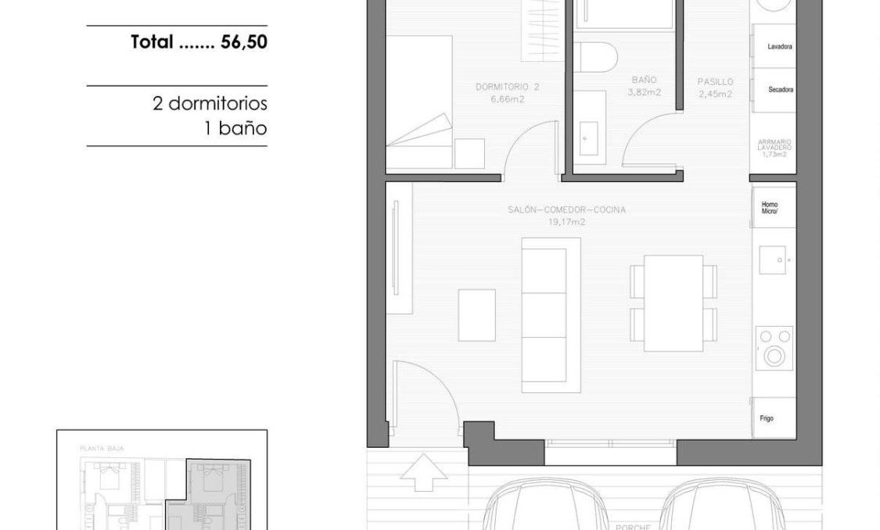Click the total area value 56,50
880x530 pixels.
tap(243, 42)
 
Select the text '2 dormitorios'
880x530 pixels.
tap(210, 103)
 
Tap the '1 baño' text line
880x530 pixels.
tap(235, 128)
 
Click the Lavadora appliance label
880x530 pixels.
tap(780, 47)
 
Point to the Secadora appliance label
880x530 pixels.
tap(780, 90)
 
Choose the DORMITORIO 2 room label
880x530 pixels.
tap(508, 86)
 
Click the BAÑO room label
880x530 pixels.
tap(645, 80)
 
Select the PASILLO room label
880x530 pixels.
tap(715, 81)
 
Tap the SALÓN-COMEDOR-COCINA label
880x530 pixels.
tap(566, 209)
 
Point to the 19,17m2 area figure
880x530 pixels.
tap(566, 222)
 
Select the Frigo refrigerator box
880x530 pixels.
tap(774, 417)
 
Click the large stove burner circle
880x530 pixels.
tap(774, 356)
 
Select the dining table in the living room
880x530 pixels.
tap(673, 303)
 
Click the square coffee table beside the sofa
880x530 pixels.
tap(476, 315)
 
